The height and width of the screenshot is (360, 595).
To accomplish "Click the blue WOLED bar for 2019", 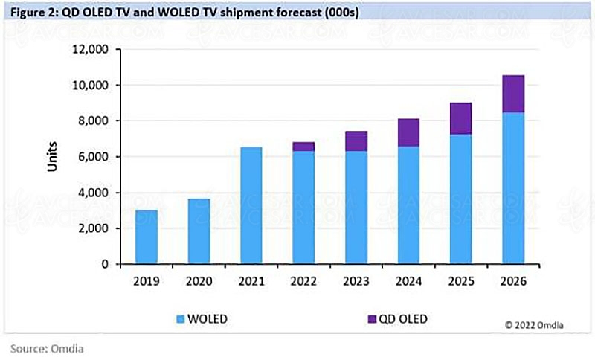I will pos(146,237).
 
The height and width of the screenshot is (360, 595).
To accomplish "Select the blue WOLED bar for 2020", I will pos(199,231).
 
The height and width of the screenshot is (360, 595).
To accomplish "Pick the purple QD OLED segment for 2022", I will pos(303,147).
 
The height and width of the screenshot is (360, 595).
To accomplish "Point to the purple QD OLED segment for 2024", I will pos(408,132).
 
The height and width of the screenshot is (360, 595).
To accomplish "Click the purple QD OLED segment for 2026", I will pos(513,94).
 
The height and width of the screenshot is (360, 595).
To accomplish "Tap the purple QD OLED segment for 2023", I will pos(356,141).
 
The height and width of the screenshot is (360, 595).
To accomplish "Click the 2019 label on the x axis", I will pos(146,281).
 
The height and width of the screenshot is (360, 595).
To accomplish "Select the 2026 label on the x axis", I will pos(513,281).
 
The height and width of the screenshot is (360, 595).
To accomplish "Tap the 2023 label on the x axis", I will pos(356,281).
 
